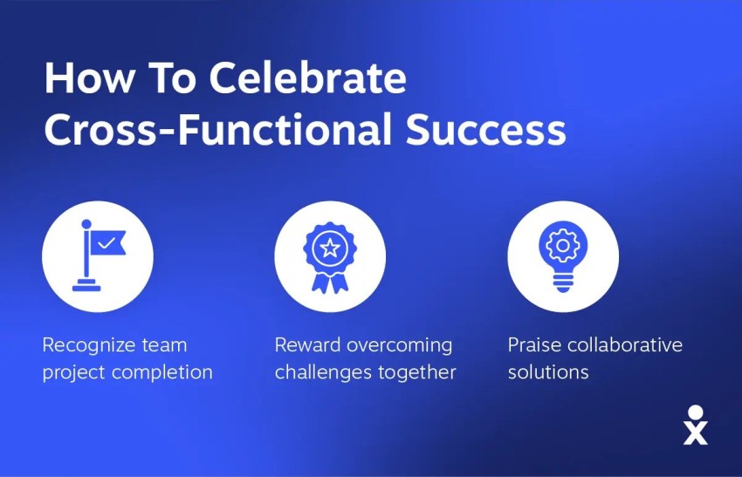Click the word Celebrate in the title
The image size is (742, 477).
(x=307, y=78)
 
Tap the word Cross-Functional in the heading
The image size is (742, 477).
(x=218, y=129)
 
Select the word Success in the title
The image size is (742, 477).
(x=486, y=129)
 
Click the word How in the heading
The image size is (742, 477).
(x=88, y=78)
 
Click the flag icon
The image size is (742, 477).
(x=100, y=256)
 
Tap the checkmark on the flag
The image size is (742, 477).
(x=106, y=243)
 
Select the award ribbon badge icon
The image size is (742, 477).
(x=330, y=257)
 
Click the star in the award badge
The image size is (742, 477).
(x=330, y=248)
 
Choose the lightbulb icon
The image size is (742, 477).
(x=563, y=256)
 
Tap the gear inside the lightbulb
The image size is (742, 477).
(x=563, y=245)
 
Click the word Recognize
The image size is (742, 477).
(x=82, y=345)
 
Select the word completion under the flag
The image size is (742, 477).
(x=162, y=372)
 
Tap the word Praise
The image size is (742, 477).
(x=535, y=345)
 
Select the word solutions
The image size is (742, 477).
(x=548, y=372)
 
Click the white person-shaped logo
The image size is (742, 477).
(x=695, y=425)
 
